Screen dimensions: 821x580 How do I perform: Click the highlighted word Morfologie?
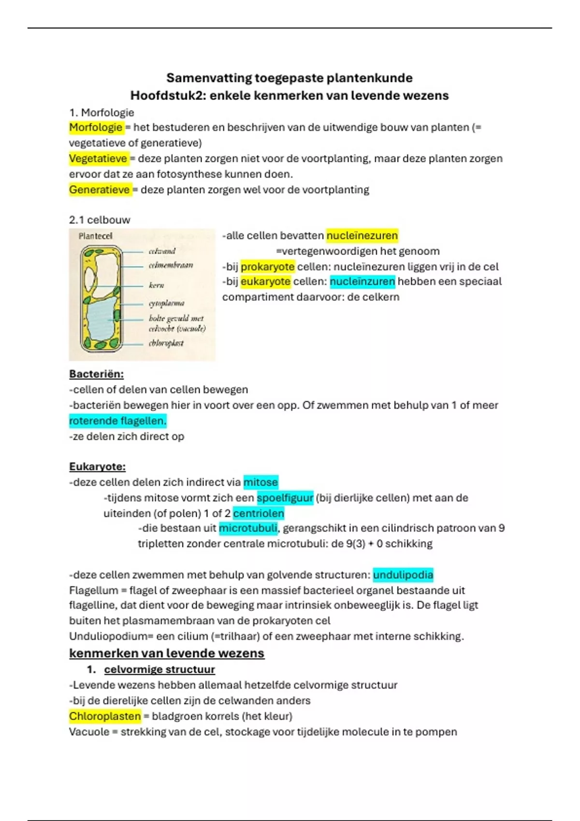pos(96,127)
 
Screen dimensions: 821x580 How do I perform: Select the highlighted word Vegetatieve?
pos(98,158)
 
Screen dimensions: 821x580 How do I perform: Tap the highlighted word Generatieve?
pos(100,190)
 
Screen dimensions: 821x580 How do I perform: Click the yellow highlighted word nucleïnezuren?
pos(362,236)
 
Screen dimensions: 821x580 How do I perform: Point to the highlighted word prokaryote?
pos(268,267)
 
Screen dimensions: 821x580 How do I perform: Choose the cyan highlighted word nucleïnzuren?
pos(362,282)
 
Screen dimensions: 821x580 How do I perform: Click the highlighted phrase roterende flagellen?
pos(117,421)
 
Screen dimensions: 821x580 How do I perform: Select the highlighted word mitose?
pos(261,482)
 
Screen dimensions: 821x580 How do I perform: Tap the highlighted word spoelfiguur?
pos(285,497)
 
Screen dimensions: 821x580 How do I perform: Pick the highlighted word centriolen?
pos(259,513)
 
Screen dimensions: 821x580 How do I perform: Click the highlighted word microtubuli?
pos(248,528)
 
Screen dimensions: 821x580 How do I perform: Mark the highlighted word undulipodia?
pos(403,575)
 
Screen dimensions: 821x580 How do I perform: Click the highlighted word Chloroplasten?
pos(105,716)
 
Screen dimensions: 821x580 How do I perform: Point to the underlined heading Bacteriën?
pos(96,374)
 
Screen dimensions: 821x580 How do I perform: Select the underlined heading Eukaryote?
pos(97,467)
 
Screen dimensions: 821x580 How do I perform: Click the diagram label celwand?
pos(162,251)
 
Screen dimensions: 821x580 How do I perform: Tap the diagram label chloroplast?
pos(166,343)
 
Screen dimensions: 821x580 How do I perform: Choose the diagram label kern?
pos(157,285)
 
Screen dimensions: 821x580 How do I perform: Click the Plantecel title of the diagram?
pos(95,236)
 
